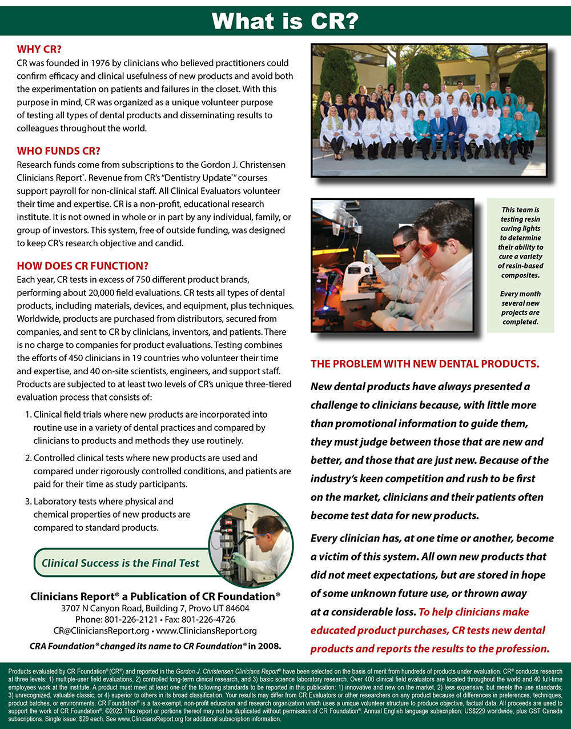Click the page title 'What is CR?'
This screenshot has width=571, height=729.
pyautogui.click(x=285, y=21)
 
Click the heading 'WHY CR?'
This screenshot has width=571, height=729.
pyautogui.click(x=39, y=49)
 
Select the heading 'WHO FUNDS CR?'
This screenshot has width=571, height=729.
pyautogui.click(x=58, y=151)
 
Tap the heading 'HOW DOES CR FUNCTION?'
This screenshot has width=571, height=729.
pyautogui.click(x=82, y=266)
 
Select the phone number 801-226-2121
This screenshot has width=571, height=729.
pyautogui.click(x=131, y=619)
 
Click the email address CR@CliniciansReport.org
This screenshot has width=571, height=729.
pyautogui.click(x=101, y=631)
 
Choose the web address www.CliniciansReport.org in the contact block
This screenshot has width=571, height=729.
pyautogui.click(x=206, y=631)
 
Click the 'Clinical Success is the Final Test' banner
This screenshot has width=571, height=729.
pyautogui.click(x=120, y=563)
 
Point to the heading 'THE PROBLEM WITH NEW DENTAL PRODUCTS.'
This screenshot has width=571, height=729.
pyautogui.click(x=424, y=364)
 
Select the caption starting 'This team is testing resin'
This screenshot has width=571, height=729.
pyautogui.click(x=520, y=242)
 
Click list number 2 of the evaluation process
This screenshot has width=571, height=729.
pyautogui.click(x=28, y=458)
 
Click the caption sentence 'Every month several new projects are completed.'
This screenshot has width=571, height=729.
pyautogui.click(x=520, y=308)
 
